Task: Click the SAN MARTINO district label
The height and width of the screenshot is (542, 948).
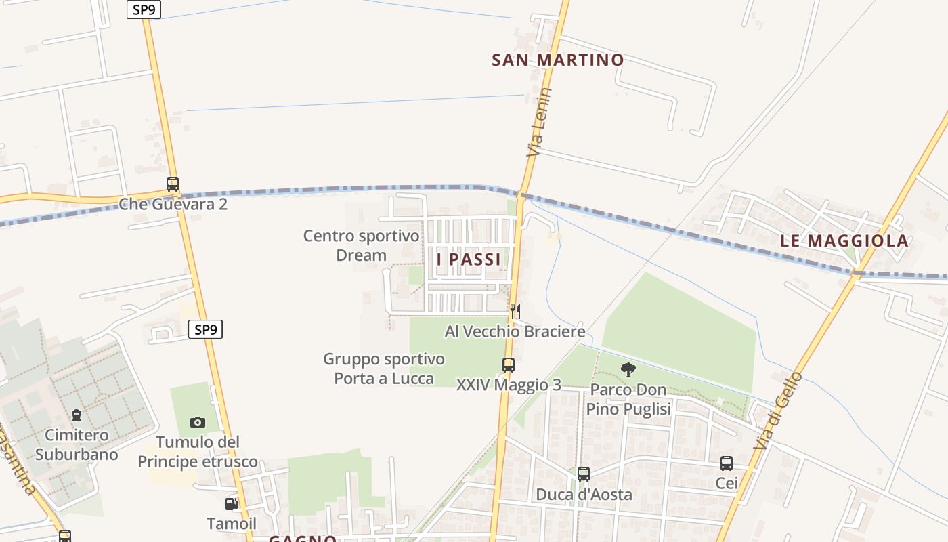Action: click(557, 60)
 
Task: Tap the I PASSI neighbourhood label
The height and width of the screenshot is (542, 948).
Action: click(469, 259)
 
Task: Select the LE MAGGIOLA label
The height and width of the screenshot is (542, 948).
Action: click(844, 241)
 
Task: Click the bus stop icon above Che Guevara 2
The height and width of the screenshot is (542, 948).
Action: click(173, 184)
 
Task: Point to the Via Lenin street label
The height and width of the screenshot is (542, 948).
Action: click(539, 123)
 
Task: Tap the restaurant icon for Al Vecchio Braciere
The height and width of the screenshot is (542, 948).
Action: click(516, 312)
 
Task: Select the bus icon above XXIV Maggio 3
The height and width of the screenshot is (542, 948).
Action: click(509, 365)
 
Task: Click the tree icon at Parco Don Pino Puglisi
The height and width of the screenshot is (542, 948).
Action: click(628, 370)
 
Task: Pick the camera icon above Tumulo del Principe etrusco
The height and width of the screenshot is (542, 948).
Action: click(198, 422)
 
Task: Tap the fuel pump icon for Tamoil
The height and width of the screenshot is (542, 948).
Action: click(231, 504)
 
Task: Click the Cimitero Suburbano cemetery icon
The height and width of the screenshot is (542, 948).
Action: click(77, 415)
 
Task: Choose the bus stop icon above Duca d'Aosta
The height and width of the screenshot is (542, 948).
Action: click(584, 474)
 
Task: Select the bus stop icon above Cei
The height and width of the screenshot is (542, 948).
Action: click(727, 463)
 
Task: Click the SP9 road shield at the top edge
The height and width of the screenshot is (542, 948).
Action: click(144, 9)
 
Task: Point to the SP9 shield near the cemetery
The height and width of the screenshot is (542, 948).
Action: click(205, 330)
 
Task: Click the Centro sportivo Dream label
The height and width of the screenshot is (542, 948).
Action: click(361, 245)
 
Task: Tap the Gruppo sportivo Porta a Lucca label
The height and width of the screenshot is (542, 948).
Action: click(384, 369)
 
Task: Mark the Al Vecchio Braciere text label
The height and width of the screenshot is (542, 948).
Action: click(515, 331)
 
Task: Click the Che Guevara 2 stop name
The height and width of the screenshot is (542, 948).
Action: click(173, 203)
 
